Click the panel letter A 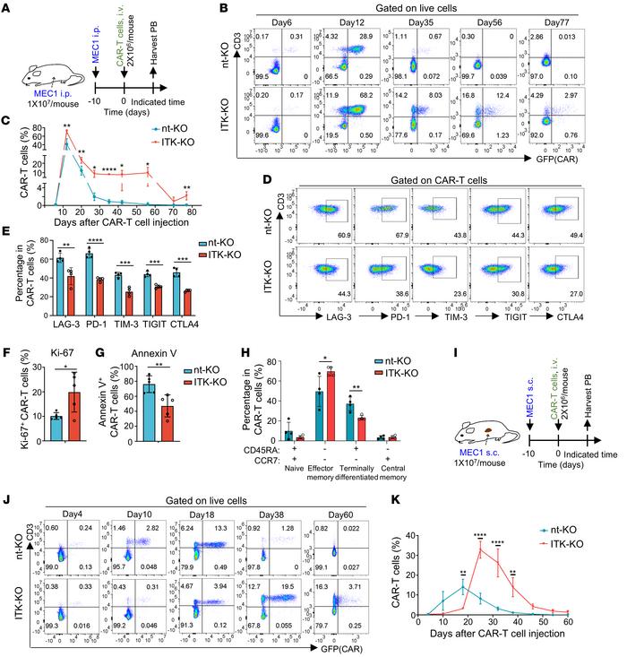click(x=6, y=7)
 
